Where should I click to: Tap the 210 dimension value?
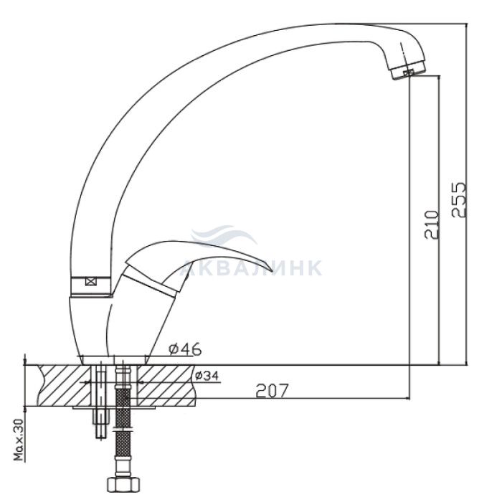click(432, 224)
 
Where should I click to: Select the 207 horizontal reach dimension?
click(272, 390)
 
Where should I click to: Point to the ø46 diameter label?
click(185, 349)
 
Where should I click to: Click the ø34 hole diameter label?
click(207, 375)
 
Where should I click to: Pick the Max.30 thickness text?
click(20, 440)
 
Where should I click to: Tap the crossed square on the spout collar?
click(91, 282)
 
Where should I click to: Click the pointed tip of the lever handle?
click(273, 272)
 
